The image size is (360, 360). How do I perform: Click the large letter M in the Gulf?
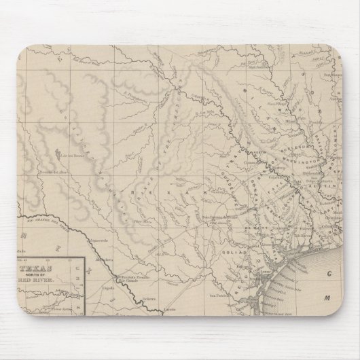coord(327,297)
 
